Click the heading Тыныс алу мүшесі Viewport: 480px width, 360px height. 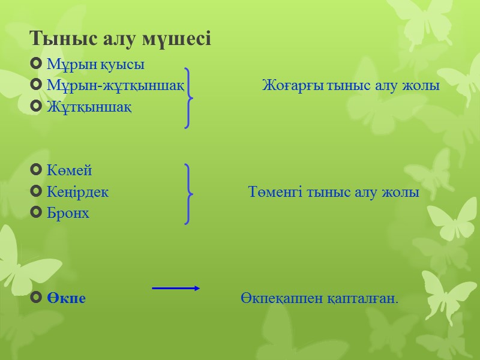tap(120, 40)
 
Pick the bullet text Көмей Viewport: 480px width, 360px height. tap(69, 171)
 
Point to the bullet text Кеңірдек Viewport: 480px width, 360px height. tap(77, 193)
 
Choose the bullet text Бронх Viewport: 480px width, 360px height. tap(68, 213)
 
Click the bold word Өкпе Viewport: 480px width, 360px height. tap(66, 298)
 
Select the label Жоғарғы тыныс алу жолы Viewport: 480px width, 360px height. tap(351, 86)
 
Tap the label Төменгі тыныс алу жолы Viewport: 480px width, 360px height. tap(334, 193)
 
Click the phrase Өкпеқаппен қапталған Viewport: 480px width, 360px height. tap(320, 298)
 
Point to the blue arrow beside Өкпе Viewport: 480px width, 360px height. tap(176, 289)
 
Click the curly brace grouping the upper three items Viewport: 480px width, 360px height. tap(189, 97)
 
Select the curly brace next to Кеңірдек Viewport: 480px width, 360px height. tap(189, 193)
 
